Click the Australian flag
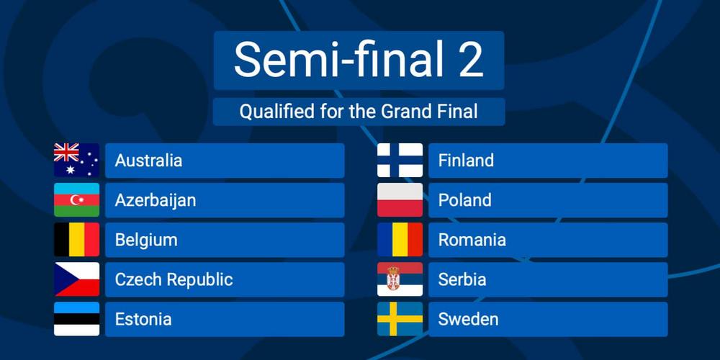click(77, 161)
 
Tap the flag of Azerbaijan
click(77, 199)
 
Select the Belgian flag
click(77, 240)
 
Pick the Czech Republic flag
click(77, 279)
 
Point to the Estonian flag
click(77, 319)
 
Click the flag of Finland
click(400, 161)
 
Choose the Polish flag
click(400, 199)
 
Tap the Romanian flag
click(400, 240)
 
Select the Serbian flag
click(400, 279)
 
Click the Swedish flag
click(400, 319)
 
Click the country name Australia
click(148, 161)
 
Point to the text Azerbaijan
click(156, 201)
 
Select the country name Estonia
click(143, 319)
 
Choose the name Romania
click(472, 240)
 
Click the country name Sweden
click(468, 319)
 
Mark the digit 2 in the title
click(471, 60)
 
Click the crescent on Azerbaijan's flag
click(75, 199)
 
